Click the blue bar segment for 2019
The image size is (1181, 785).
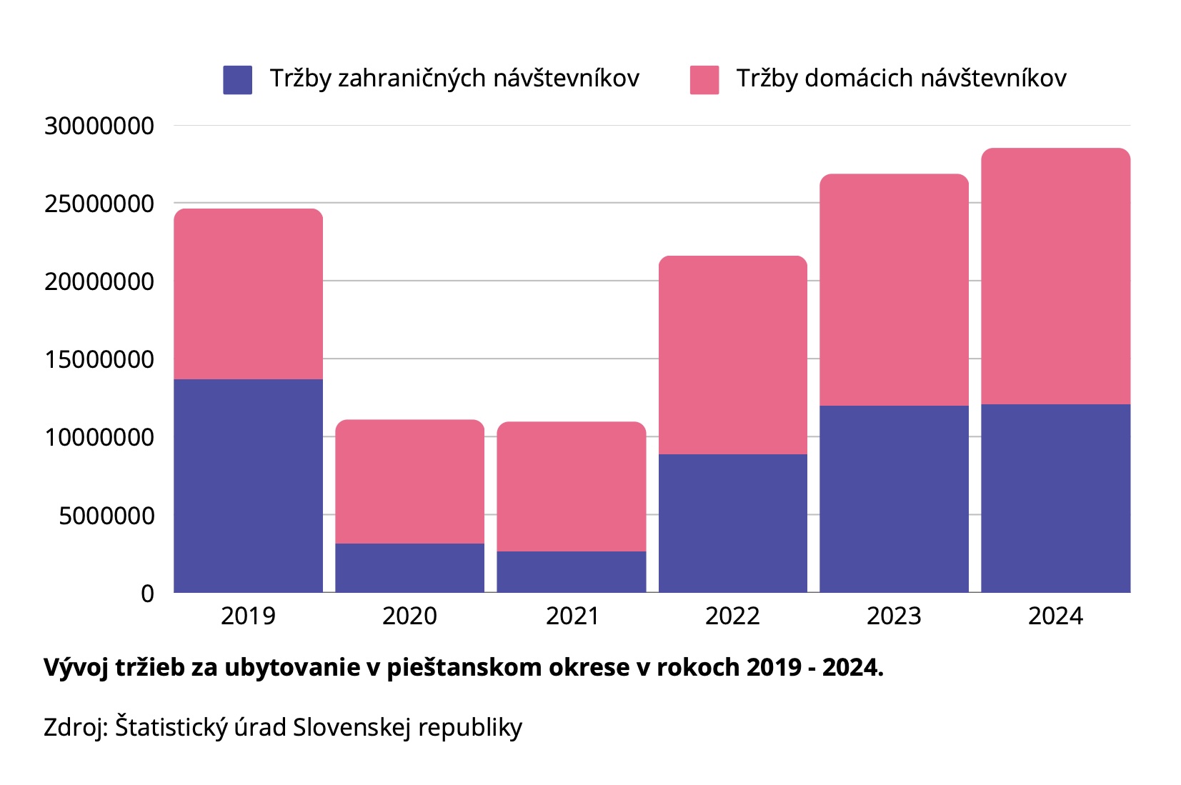248,485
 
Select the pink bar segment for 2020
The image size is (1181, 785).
409,481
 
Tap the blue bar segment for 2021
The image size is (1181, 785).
571,571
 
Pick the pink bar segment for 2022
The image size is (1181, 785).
732,354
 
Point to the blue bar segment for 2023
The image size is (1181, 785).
894,499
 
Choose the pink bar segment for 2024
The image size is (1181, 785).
1055,276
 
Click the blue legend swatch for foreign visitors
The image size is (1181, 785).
237,79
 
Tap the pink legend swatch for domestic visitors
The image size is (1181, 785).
704,79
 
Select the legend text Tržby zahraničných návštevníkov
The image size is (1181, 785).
454,78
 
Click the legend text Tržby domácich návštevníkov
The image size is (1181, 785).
901,78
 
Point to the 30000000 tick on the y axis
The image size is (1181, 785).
99,126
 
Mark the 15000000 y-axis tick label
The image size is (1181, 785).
99,359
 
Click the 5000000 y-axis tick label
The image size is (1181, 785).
106,515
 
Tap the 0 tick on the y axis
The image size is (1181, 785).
147,593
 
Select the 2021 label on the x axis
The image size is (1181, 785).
572,616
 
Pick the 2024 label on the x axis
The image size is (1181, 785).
1055,616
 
